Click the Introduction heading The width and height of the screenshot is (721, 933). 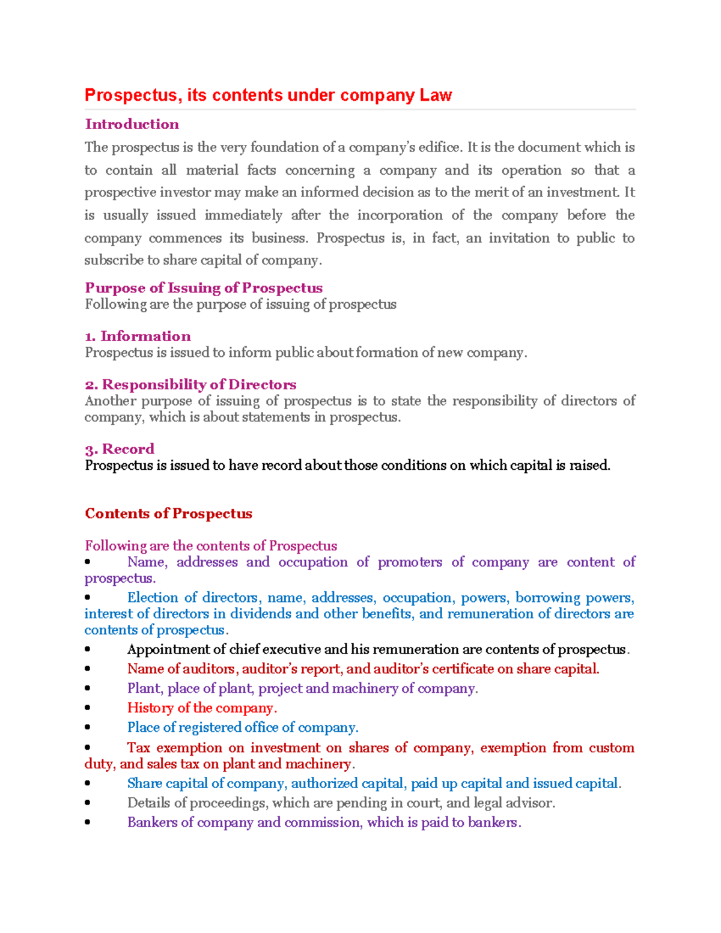[132, 124]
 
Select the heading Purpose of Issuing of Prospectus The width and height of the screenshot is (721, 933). [204, 288]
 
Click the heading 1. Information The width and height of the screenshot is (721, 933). [138, 336]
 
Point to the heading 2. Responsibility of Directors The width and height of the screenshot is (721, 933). [190, 384]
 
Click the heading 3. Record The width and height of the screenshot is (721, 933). [120, 449]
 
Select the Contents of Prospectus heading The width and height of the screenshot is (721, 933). [168, 514]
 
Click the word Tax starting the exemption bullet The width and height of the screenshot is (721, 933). [138, 748]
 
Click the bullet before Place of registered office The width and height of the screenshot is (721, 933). [88, 728]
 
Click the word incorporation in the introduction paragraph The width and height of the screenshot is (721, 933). [400, 215]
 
